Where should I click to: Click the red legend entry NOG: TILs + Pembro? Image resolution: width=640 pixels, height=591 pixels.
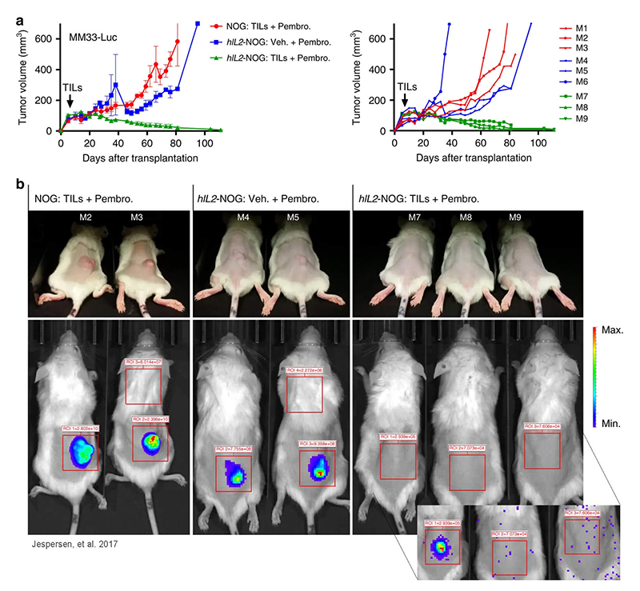point(284,15)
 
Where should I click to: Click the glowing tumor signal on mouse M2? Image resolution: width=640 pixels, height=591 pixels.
point(81,449)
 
